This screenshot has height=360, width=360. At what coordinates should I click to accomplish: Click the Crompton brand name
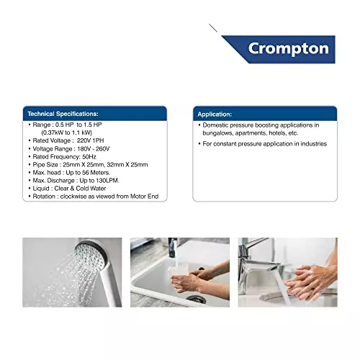click(289, 49)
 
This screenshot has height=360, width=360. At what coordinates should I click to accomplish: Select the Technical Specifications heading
click(63, 114)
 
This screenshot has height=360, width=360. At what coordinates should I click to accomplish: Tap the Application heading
click(215, 114)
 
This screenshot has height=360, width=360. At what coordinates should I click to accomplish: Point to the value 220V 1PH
click(90, 140)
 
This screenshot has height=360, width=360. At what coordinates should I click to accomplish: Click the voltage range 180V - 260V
click(94, 149)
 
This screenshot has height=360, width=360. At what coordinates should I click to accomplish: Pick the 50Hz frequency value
click(89, 157)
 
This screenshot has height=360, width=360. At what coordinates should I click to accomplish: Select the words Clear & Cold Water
click(80, 189)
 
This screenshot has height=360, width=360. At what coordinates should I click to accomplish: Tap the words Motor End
click(144, 197)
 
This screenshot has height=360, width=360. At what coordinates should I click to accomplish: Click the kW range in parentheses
click(67, 132)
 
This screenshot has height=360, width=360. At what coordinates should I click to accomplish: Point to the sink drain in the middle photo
click(196, 300)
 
